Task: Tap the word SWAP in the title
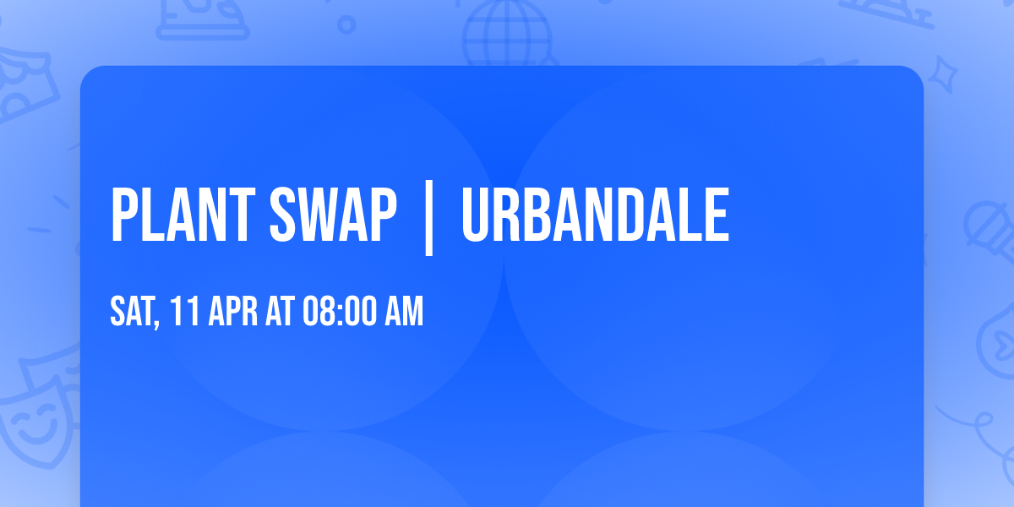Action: pyautogui.click(x=333, y=215)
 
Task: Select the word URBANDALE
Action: pyautogui.click(x=594, y=215)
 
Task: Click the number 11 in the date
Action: pyautogui.click(x=185, y=313)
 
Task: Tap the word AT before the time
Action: pyautogui.click(x=280, y=313)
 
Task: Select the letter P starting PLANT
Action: pyautogui.click(x=123, y=215)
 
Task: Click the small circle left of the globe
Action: pyautogui.click(x=346, y=25)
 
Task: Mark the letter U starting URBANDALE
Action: pyautogui.click(x=476, y=215)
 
